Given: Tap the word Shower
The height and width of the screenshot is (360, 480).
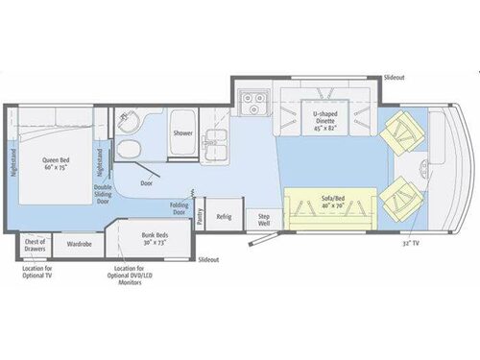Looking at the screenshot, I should coord(183,134).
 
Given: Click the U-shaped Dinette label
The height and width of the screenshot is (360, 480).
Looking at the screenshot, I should coord(329,120).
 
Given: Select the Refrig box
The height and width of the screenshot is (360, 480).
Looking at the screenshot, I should coord(224,217).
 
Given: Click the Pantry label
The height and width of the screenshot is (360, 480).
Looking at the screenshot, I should coord(201,219).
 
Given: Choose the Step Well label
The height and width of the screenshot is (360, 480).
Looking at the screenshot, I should coord(263,219).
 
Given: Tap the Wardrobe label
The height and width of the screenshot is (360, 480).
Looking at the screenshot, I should coord(80,244).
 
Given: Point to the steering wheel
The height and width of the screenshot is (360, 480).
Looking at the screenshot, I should coord(427,173).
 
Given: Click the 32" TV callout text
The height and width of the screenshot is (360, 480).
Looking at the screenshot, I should coord(412,245).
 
